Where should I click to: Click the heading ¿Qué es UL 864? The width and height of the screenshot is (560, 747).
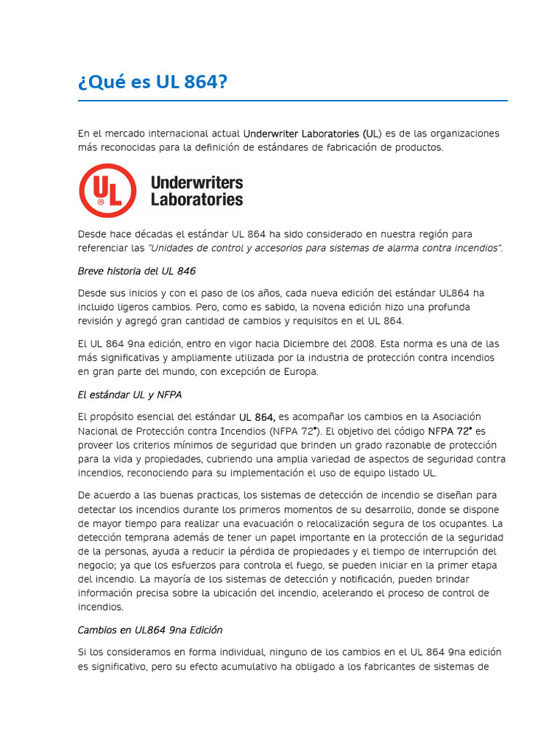[x=152, y=82]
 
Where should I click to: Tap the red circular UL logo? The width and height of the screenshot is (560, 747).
[x=107, y=190]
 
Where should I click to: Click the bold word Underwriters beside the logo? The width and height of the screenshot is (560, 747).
[x=196, y=182]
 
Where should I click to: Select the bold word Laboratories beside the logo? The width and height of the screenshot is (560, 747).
[x=196, y=198]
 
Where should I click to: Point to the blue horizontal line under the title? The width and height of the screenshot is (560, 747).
[x=292, y=101]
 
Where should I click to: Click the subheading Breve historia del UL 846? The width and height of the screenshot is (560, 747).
[x=136, y=271]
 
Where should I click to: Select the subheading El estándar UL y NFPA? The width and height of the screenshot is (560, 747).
[x=130, y=395]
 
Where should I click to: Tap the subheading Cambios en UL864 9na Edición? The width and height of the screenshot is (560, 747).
[x=150, y=630]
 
